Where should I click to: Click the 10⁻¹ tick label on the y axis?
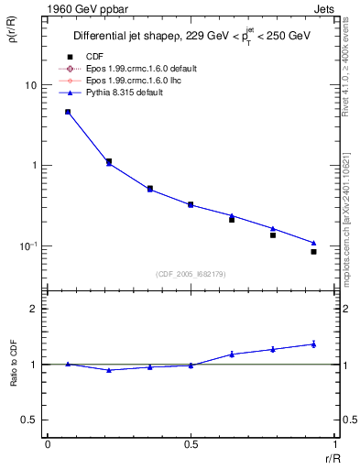[x=27, y=246]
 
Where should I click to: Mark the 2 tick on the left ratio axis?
[x=33, y=309]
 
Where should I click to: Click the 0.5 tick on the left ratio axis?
[x=29, y=420]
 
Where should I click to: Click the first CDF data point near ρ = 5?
[x=68, y=112]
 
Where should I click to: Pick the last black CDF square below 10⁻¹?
[x=313, y=251]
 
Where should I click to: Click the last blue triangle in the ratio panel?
[x=313, y=344]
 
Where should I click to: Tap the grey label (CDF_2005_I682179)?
[x=191, y=273]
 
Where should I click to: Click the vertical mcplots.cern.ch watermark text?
[x=352, y=220]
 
